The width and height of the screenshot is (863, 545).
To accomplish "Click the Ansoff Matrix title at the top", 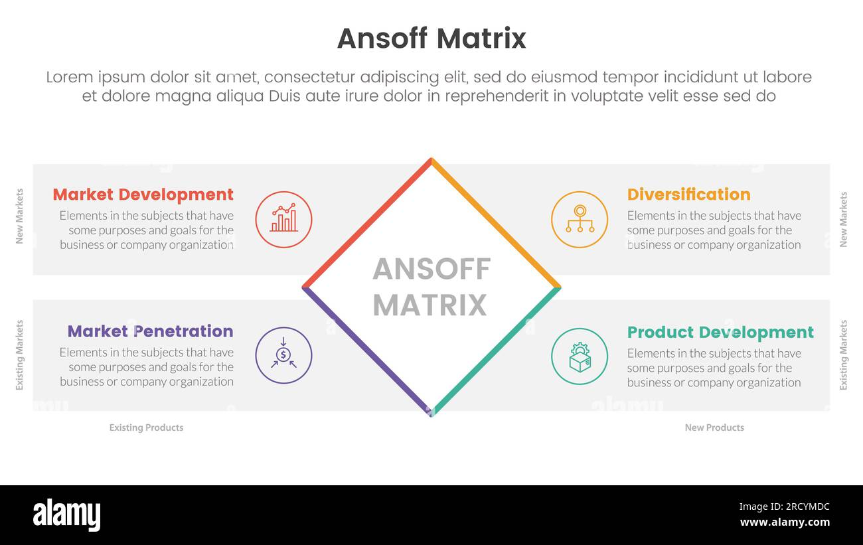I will point(431,39).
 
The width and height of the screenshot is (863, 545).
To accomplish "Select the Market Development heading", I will point(143,195).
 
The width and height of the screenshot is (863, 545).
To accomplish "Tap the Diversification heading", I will point(688,195).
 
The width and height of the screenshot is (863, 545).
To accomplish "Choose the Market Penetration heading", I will point(150,331).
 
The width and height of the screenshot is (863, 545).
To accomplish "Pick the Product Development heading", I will point(720,332).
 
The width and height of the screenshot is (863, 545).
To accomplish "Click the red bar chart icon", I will point(283,220).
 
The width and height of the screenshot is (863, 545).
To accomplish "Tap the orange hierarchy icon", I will point(580,220).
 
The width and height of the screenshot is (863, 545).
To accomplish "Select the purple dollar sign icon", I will point(283,355).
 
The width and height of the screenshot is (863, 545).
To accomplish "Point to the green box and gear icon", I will point(580,356).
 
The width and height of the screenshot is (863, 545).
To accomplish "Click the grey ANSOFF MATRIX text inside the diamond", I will point(431,287).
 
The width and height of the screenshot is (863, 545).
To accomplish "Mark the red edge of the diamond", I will point(367,223).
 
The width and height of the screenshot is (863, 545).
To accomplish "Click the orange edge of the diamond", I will point(496,223).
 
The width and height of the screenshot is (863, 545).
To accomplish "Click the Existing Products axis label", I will point(146,428).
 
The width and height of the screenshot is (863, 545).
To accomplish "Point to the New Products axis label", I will point(714,428).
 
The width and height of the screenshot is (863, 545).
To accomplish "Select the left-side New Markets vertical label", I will point(19,216).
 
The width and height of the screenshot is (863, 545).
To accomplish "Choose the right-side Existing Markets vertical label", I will point(844,355).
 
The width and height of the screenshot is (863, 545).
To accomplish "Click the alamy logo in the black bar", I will point(66,515).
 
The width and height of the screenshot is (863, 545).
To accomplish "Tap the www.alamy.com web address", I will point(785,522).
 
